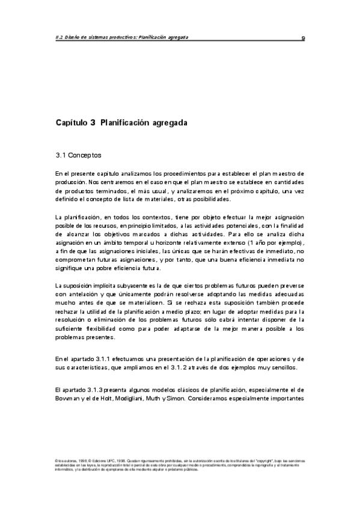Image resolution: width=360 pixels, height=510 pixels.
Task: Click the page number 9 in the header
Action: [304, 37]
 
